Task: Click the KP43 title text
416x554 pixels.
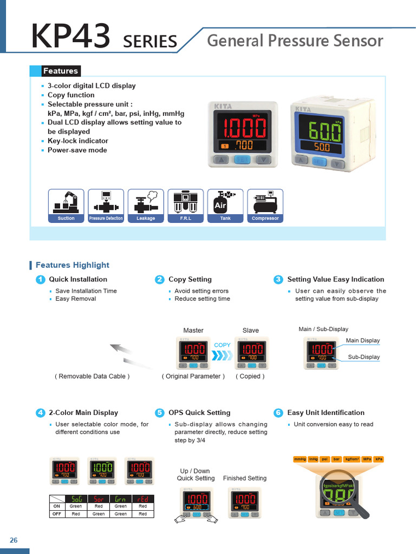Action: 71,37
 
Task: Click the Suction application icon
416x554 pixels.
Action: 66,205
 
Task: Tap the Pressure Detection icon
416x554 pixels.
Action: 106,205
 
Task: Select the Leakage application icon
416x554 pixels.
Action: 146,205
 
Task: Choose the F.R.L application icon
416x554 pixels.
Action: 186,205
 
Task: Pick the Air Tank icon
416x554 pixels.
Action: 225,205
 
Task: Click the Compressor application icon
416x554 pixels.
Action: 265,205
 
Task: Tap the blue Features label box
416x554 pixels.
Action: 61,71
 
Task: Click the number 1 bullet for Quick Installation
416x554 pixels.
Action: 40,280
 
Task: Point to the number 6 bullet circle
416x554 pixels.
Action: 278,413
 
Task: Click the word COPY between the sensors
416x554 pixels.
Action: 222,345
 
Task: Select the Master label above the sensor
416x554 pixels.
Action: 193,330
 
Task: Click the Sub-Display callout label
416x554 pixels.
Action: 363,357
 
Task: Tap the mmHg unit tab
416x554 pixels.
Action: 300,459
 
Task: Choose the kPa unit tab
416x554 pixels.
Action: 379,459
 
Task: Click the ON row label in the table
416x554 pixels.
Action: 56,506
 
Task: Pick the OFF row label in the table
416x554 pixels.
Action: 56,514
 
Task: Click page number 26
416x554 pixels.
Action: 14,540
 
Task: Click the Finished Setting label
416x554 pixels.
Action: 245,478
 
